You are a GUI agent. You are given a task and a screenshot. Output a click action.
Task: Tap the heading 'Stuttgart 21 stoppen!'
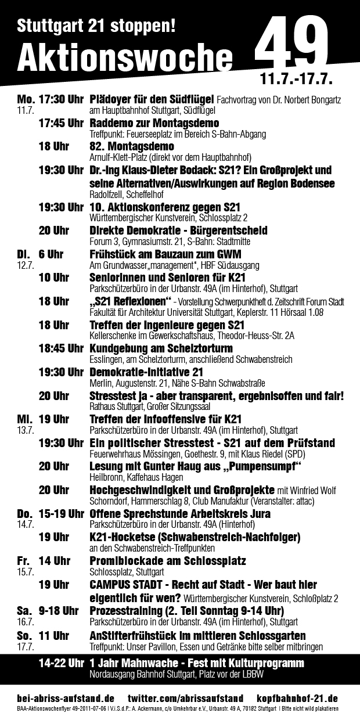pos(96,25)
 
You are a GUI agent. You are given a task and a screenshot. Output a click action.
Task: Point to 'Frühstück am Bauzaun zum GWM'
pos(165,254)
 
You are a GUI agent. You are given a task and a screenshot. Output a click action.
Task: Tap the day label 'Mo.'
pos(27,99)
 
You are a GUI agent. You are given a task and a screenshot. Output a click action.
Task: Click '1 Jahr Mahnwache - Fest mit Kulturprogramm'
pos(197,663)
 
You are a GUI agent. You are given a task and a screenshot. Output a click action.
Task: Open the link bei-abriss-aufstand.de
pos(65,697)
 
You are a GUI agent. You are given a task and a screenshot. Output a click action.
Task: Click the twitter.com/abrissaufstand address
pos(185,697)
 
